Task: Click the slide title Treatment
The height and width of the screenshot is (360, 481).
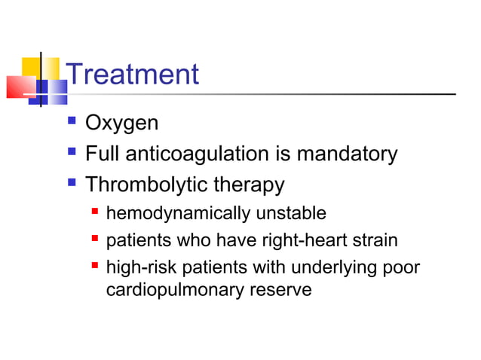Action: click(x=133, y=75)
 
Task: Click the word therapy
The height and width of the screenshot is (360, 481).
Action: click(x=249, y=185)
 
